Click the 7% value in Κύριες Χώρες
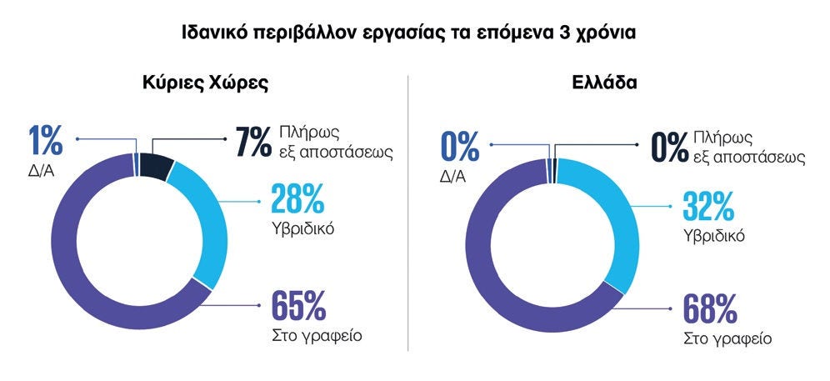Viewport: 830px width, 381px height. [251, 143]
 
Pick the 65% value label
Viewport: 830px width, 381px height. [297, 306]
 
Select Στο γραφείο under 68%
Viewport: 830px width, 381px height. [727, 339]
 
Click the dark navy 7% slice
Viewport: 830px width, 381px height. [155, 167]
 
